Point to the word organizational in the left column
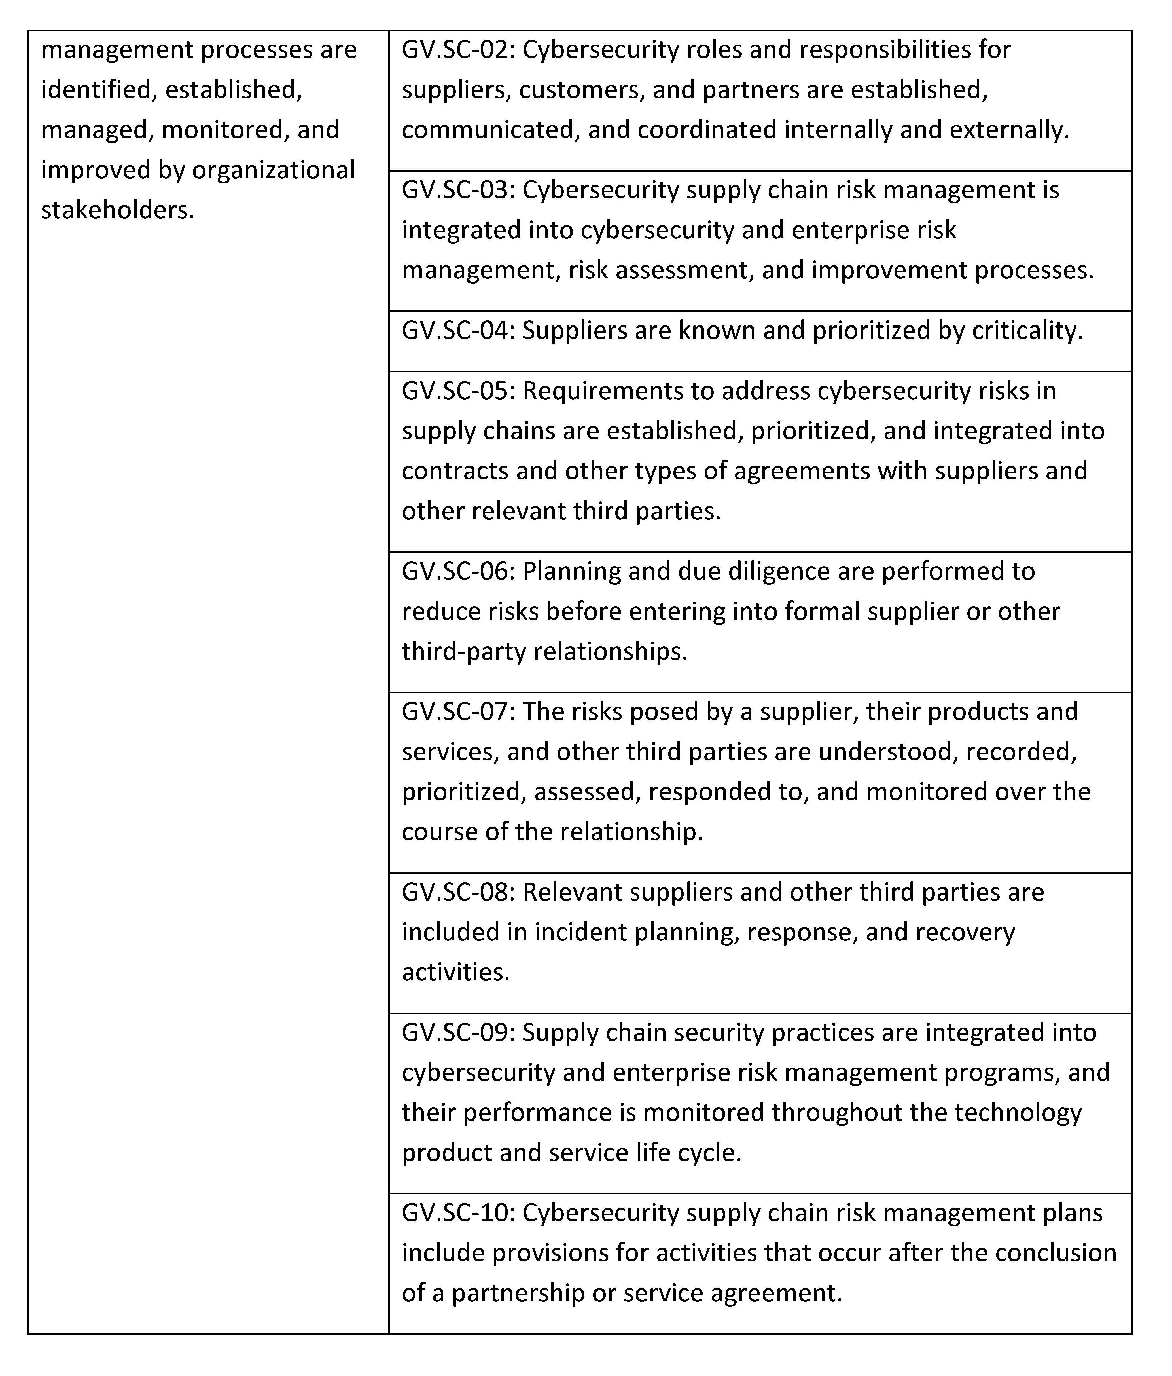tap(274, 170)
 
